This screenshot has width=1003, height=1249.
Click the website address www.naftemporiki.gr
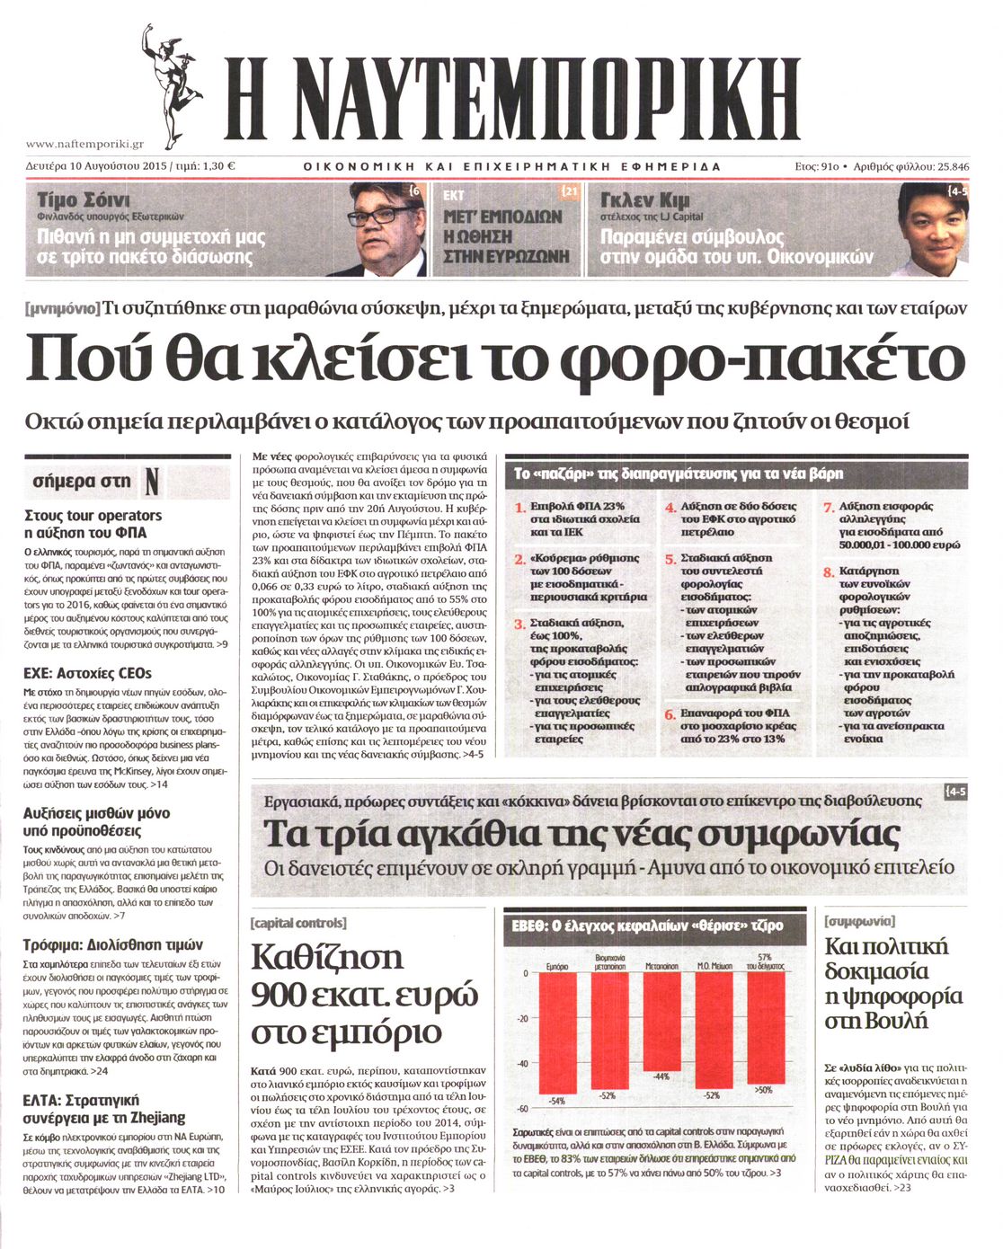coord(84,144)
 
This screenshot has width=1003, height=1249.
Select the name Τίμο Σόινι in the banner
coord(84,199)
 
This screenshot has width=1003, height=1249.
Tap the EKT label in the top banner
coord(455,194)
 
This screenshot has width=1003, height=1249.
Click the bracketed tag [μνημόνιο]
coord(63,309)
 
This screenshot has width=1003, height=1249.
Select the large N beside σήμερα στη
coord(151,482)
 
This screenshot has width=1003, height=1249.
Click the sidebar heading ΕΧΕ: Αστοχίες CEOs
coord(87,673)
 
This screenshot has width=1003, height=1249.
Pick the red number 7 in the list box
coord(829,508)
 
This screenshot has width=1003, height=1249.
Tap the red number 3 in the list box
coord(519,624)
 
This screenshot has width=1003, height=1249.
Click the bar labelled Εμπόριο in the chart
coord(557,1033)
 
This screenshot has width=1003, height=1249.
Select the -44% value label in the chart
coord(661,1076)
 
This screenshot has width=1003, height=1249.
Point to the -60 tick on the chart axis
coord(522,1109)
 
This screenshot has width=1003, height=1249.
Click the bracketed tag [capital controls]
coord(298,923)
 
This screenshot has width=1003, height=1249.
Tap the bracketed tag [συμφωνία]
coord(859,920)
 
